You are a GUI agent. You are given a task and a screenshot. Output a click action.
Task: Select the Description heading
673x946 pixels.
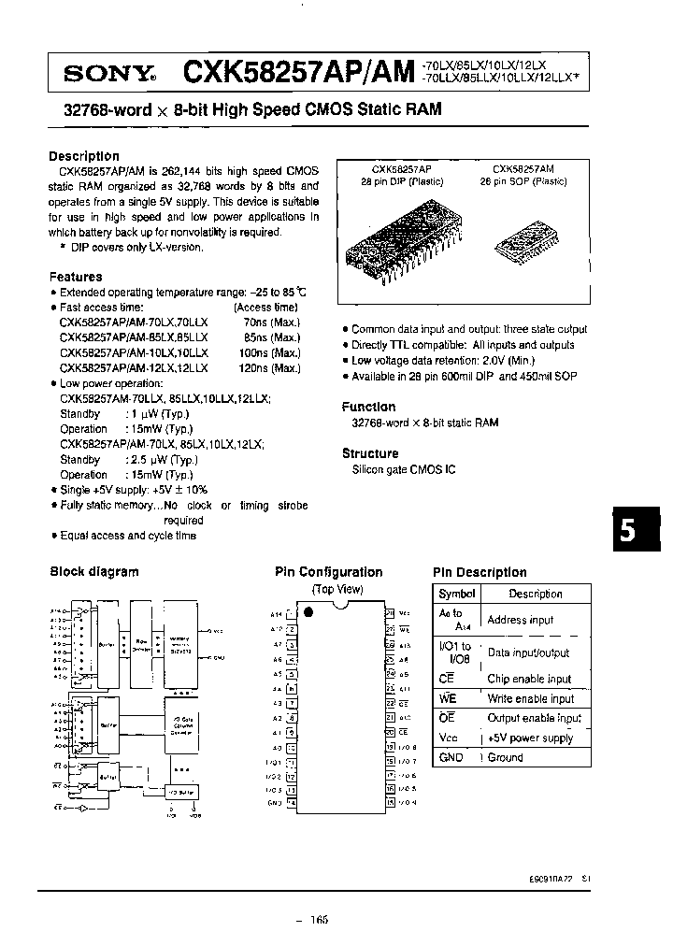[x=84, y=156]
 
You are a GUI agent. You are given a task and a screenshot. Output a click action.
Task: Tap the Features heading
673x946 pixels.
[x=76, y=277]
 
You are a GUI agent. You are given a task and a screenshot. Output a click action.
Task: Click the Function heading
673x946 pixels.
[x=368, y=407]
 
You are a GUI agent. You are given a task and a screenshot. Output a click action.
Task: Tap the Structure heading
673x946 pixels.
[x=370, y=453]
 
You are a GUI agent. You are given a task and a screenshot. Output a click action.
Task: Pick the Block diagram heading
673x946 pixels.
[x=93, y=572]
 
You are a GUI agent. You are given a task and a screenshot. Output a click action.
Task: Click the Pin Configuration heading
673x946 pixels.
[x=328, y=572]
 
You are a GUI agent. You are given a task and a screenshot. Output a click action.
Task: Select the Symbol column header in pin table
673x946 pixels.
[x=457, y=594]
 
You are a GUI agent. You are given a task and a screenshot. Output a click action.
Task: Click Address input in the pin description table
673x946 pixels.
[x=521, y=620]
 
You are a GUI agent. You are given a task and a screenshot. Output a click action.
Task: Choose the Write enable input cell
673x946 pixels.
[x=531, y=698]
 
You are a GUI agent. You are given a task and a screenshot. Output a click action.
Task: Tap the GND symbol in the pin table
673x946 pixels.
[x=451, y=757]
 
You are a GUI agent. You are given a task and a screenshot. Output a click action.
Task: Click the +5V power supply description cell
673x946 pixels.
[x=531, y=738]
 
